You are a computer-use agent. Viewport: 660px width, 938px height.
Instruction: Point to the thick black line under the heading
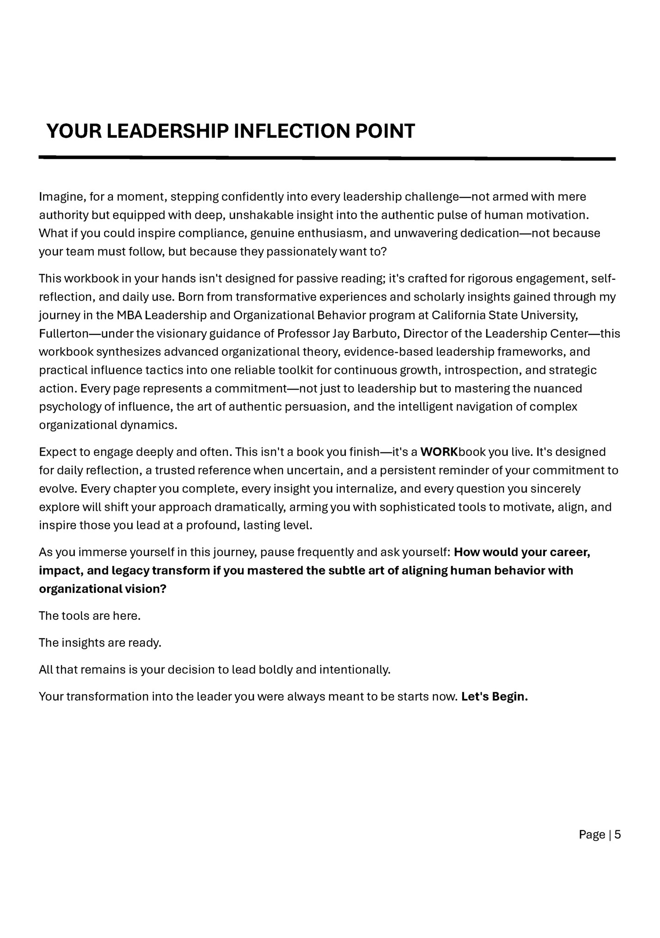pos(327,158)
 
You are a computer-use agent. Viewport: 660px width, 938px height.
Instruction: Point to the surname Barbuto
pos(374,334)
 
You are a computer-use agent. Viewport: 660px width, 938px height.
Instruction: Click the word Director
pos(425,334)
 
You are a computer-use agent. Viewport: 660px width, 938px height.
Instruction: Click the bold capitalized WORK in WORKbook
pos(438,452)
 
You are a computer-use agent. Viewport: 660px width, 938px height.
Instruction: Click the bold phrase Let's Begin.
pos(494,697)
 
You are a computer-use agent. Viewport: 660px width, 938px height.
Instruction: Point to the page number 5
pos(617,835)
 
